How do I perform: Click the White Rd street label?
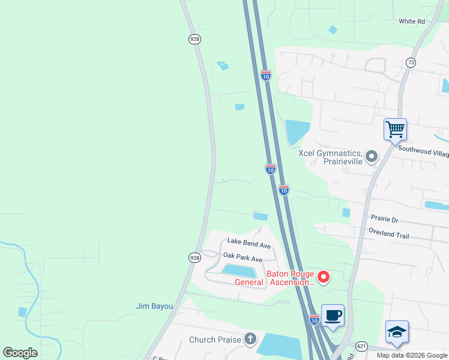pos(412,22)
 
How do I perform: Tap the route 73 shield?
pos(411,62)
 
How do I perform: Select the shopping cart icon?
pos(395,129)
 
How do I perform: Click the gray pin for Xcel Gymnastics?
pos(372,157)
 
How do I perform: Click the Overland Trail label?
pos(389,236)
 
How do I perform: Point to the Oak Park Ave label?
pos(243,259)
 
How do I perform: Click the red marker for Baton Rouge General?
pos(324,277)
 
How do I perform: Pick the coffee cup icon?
pos(333,314)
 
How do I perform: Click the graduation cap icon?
pos(397,331)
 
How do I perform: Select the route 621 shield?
pos(361,346)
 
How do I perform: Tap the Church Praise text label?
pos(215,340)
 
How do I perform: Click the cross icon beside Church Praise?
pos(250,340)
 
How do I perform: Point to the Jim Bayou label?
pos(154,307)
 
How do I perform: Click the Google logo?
pos(20,352)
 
